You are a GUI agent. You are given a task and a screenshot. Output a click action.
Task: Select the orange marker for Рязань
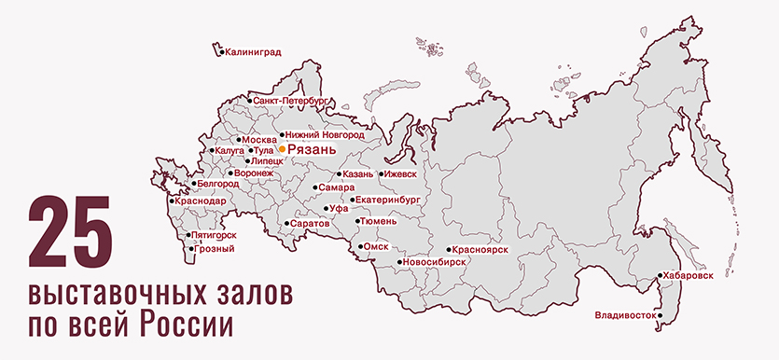(x=282, y=147)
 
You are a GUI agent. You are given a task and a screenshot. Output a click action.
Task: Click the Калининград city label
(x=253, y=53)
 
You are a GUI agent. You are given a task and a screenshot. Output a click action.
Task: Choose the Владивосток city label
(x=625, y=315)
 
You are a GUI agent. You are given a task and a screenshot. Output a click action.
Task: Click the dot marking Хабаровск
(x=660, y=276)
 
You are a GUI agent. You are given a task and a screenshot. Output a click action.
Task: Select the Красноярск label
(x=482, y=250)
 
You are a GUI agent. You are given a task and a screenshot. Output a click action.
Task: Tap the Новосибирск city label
(x=436, y=263)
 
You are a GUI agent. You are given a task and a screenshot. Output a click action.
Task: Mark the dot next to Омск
(x=362, y=247)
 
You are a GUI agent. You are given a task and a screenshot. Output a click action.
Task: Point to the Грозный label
(x=216, y=249)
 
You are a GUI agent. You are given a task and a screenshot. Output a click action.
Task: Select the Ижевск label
(x=400, y=173)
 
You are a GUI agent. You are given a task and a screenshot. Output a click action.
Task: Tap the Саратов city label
(x=310, y=225)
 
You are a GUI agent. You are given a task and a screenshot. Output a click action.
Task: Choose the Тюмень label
(x=382, y=222)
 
